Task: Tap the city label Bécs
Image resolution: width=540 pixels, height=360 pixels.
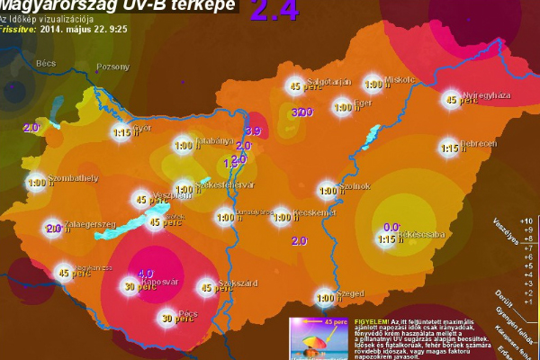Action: click(x=45, y=65)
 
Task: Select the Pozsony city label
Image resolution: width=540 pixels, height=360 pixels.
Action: click(x=112, y=67)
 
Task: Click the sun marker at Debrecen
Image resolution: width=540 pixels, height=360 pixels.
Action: click(x=450, y=148)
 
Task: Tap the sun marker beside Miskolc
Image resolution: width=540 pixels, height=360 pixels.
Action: click(x=373, y=85)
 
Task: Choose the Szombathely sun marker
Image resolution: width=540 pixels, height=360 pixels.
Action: click(x=37, y=183)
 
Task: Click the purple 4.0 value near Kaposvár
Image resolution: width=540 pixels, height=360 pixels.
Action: click(x=146, y=273)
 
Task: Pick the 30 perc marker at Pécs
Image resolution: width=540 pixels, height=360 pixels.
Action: click(x=166, y=317)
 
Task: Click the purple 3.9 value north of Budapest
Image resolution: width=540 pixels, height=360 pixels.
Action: click(x=253, y=131)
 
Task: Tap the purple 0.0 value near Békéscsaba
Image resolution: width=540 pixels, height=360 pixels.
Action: click(x=391, y=228)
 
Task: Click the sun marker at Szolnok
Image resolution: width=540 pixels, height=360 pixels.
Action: click(x=328, y=190)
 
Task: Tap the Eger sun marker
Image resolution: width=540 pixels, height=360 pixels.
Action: click(x=342, y=108)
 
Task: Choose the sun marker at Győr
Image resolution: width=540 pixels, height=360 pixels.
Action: click(x=122, y=132)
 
